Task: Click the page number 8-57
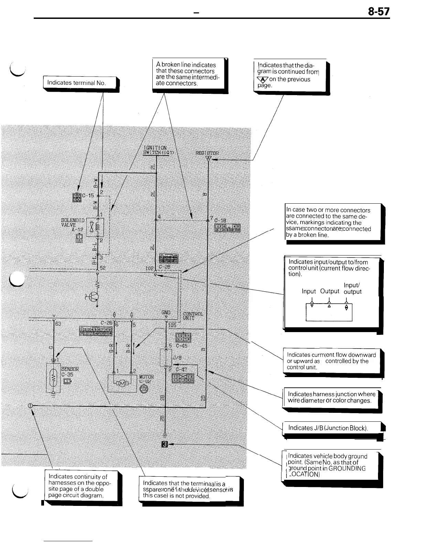coord(379,12)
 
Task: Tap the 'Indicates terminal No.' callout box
coord(77,83)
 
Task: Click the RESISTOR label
coord(207,153)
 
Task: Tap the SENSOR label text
coord(70,369)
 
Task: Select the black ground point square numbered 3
coord(164,445)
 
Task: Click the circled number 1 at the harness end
coord(30,406)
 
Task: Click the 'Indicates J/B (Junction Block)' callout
coord(328,428)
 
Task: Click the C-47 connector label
coord(181,369)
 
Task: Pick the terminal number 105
coord(172,325)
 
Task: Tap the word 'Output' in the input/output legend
coord(330,291)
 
